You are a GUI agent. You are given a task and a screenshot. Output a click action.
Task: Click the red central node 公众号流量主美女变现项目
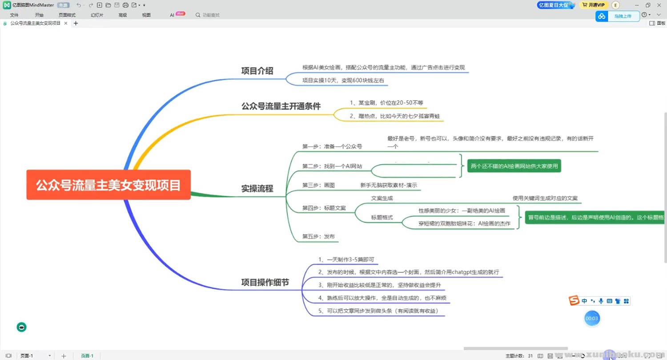pyautogui.click(x=108, y=185)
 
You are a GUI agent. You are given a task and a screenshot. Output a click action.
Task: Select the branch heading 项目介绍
pyautogui.click(x=257, y=71)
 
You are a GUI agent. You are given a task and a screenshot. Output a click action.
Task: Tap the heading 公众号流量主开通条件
pyautogui.click(x=281, y=106)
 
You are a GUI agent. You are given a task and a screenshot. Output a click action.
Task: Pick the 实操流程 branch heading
pyautogui.click(x=257, y=188)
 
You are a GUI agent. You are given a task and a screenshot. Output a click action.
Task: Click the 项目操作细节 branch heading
pyautogui.click(x=265, y=282)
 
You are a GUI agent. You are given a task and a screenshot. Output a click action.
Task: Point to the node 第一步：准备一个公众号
pyautogui.click(x=332, y=146)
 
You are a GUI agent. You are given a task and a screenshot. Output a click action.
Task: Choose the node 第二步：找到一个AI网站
pyautogui.click(x=332, y=166)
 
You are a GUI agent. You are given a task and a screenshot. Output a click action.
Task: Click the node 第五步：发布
pyautogui.click(x=318, y=236)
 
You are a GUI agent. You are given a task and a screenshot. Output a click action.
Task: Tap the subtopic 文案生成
pyautogui.click(x=382, y=198)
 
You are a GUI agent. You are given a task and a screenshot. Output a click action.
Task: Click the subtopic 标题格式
pyautogui.click(x=382, y=218)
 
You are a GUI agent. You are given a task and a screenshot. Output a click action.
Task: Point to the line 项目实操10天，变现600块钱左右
pyautogui.click(x=343, y=81)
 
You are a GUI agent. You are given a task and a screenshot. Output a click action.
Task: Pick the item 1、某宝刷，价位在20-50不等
pyautogui.click(x=386, y=103)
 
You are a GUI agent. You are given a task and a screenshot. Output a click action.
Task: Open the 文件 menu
pyautogui.click(x=14, y=15)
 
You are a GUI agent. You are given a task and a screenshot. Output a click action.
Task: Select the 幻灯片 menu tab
pyautogui.click(x=97, y=15)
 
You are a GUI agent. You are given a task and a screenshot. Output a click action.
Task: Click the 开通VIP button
pyautogui.click(x=594, y=5)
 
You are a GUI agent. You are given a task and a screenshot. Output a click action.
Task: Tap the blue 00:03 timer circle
pyautogui.click(x=591, y=319)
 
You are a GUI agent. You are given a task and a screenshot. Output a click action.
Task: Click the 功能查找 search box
pyautogui.click(x=211, y=15)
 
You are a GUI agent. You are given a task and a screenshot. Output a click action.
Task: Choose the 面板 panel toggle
pyautogui.click(x=658, y=23)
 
